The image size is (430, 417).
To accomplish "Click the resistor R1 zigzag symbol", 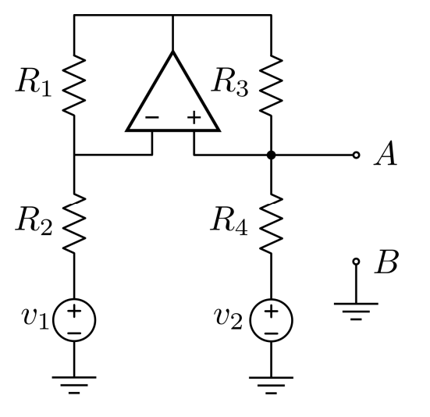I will tap(74, 84).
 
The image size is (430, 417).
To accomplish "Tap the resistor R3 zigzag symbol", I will tap(271, 84).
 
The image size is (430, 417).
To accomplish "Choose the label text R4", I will tap(232, 224).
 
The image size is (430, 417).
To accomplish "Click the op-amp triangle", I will tap(172, 98).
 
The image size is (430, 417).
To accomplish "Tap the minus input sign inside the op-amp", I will tap(152, 119).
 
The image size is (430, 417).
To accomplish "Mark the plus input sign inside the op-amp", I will tap(193, 119).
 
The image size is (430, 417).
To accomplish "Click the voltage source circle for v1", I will tap(74, 320).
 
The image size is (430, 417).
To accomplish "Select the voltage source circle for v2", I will tap(271, 320).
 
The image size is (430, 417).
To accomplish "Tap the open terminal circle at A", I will tap(357, 155).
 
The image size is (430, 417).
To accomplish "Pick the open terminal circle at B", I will tap(357, 262).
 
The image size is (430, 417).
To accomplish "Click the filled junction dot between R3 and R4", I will tap(271, 155).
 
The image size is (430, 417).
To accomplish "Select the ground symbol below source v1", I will tap(74, 383).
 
